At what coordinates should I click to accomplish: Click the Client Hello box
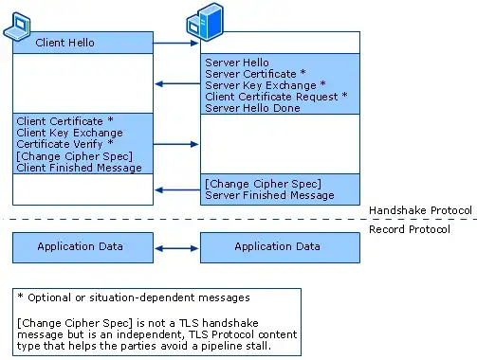pyautogui.click(x=83, y=43)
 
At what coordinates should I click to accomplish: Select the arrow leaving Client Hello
pyautogui.click(x=176, y=43)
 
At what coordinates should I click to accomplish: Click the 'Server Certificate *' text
pyautogui.click(x=255, y=74)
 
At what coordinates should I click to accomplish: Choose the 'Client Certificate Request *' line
pyautogui.click(x=276, y=97)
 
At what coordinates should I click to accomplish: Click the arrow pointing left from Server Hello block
pyautogui.click(x=176, y=85)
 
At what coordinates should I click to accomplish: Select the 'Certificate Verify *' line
pyautogui.click(x=64, y=145)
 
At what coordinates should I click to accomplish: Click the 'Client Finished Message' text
pyautogui.click(x=79, y=168)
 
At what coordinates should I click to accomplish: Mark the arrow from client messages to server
pyautogui.click(x=176, y=144)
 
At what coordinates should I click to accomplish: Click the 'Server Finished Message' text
pyautogui.click(x=269, y=195)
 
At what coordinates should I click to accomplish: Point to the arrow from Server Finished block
pyautogui.click(x=176, y=189)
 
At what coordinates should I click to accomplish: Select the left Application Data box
pyautogui.click(x=83, y=247)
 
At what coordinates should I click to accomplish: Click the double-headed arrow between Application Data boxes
pyautogui.click(x=176, y=247)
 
